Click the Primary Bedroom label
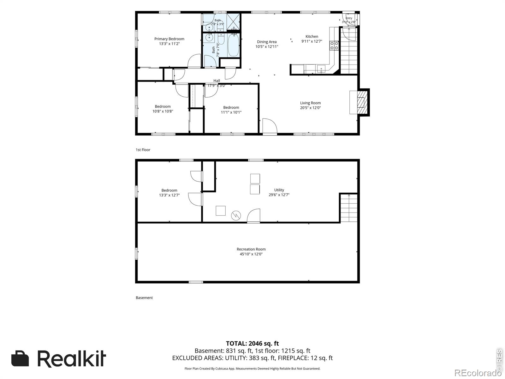tap(169, 39)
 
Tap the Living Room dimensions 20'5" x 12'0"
tap(310, 108)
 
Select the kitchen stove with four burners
tap(334, 45)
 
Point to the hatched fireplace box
tap(362, 102)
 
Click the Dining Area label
tap(267, 42)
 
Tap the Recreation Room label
tap(251, 249)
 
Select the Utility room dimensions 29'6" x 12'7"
tap(279, 195)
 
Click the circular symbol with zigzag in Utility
tap(236, 216)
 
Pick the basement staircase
tap(349, 208)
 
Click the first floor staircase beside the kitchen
tap(349, 51)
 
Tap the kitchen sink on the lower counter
tap(321, 69)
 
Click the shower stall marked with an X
tap(233, 22)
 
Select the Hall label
tap(217, 81)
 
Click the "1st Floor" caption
tap(143, 150)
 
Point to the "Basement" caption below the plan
tap(144, 298)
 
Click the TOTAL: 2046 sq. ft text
tap(252, 343)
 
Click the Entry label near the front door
tap(349, 18)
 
